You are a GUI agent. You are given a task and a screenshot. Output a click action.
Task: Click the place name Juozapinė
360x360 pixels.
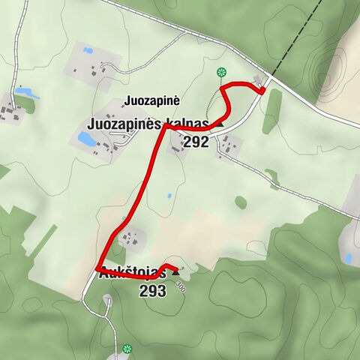[x=155, y=100]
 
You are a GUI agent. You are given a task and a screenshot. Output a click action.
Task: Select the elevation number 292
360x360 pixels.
[x=195, y=142]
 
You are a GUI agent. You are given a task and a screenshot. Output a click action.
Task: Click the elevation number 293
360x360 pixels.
[x=152, y=290]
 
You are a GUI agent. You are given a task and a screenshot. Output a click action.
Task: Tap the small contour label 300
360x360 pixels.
[x=180, y=286]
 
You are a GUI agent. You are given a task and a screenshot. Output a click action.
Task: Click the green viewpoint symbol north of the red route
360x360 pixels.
[x=221, y=72]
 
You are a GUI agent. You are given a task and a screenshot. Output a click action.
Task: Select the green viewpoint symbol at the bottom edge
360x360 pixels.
[x=127, y=349]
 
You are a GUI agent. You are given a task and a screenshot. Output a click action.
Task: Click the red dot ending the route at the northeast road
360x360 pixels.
[x=262, y=91]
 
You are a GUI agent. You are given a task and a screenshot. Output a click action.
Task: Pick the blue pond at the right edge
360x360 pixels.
[x=349, y=257]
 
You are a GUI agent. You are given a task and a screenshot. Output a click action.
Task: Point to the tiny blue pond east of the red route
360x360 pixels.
[x=169, y=196]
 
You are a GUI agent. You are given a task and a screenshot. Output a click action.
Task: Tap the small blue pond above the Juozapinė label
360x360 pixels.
[x=88, y=51]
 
